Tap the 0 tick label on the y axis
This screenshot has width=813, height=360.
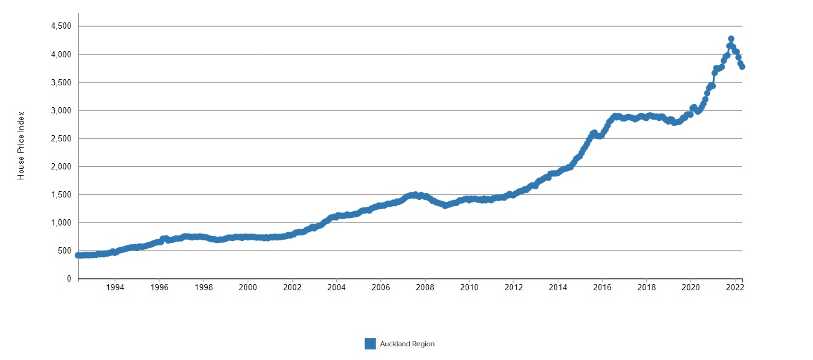click(70, 279)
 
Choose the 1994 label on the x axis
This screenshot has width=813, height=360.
click(115, 288)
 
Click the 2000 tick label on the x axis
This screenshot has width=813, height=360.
click(248, 288)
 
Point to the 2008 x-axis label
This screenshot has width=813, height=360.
click(425, 288)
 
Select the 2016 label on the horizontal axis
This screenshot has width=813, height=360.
click(602, 288)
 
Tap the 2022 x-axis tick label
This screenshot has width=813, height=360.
click(735, 288)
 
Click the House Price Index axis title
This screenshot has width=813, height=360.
click(21, 146)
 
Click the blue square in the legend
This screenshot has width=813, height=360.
click(370, 344)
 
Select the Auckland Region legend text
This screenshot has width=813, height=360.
click(407, 344)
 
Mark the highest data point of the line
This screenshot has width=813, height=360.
click(731, 39)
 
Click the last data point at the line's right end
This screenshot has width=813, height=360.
click(742, 67)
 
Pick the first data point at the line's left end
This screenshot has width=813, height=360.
click(78, 255)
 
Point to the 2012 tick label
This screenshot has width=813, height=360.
click(514, 288)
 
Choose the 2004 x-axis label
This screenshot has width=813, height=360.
click(336, 288)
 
